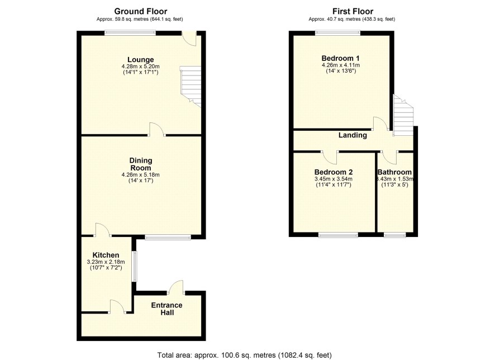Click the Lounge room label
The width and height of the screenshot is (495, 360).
click(x=140, y=60)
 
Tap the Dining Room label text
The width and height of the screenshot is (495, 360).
click(x=141, y=164)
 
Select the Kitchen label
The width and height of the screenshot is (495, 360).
click(x=106, y=255)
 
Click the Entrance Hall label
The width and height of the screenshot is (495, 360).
click(x=166, y=309)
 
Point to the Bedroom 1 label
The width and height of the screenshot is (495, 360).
click(x=340, y=59)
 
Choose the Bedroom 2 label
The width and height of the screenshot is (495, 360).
click(x=334, y=172)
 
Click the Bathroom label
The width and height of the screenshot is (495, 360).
click(x=394, y=172)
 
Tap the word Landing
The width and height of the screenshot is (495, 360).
click(x=353, y=135)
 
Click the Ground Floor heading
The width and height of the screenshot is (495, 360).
click(x=140, y=11)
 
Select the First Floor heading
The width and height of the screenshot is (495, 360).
click(x=353, y=11)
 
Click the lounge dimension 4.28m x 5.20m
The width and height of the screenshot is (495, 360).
click(x=140, y=67)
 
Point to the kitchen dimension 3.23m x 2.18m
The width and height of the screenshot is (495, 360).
click(x=106, y=262)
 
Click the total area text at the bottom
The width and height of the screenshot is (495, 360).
click(x=245, y=355)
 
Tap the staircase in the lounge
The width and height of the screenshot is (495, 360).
click(x=191, y=86)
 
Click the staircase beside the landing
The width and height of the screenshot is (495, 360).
click(x=403, y=116)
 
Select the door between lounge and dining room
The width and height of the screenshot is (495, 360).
click(x=156, y=130)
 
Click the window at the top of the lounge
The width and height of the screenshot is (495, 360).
click(x=130, y=32)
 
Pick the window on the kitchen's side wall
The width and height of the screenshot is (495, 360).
click(x=135, y=266)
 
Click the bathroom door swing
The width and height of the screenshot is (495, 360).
click(x=389, y=157)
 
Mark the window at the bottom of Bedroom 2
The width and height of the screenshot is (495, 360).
click(x=338, y=235)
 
